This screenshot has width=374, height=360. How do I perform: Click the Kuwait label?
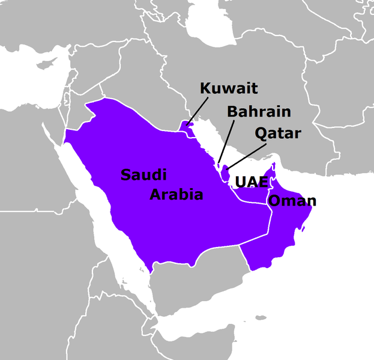229,90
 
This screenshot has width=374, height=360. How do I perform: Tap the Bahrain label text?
259,112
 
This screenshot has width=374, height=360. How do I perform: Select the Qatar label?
277,133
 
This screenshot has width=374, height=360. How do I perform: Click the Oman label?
291,201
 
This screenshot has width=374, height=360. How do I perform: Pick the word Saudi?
143,175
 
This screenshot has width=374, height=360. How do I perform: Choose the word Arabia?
176,195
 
